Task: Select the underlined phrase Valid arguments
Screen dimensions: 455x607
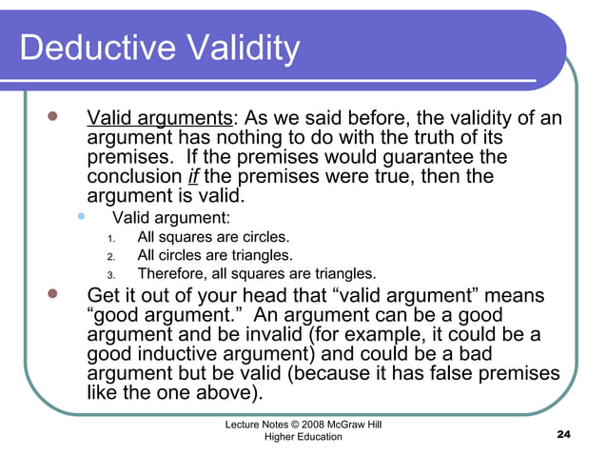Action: pos(160,119)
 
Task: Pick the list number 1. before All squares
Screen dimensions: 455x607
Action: pos(110,238)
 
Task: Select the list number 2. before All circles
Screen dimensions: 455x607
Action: pos(110,256)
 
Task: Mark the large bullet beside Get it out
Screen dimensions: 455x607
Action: pos(53,295)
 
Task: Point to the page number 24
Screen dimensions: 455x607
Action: pos(562,435)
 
